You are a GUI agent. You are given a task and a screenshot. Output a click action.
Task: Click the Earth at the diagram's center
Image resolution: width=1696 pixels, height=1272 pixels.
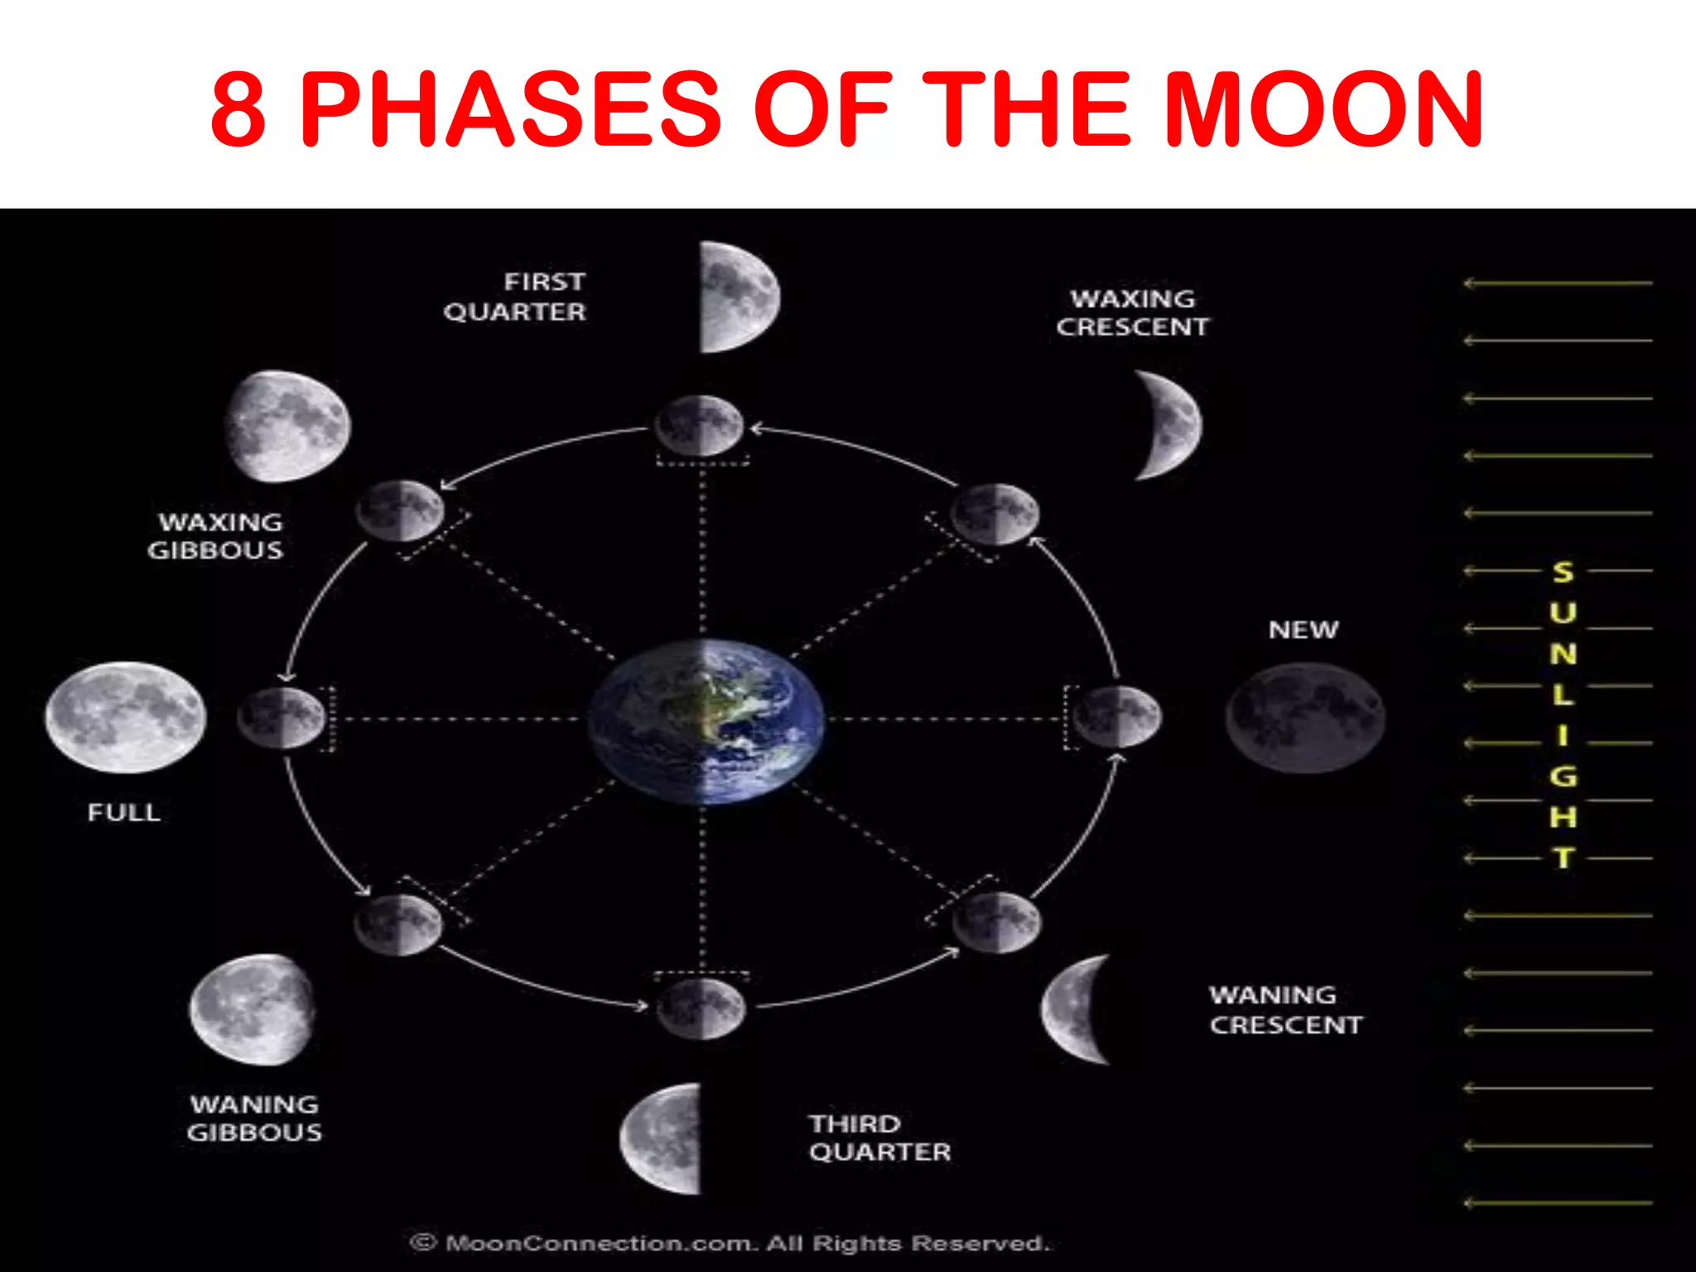click(706, 720)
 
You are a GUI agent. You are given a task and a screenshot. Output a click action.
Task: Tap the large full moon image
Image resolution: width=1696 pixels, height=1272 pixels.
click(125, 717)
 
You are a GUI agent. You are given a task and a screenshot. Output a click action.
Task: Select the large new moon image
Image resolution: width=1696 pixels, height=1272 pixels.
click(1304, 717)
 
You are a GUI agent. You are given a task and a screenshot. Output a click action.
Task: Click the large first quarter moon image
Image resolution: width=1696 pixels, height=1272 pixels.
click(737, 297)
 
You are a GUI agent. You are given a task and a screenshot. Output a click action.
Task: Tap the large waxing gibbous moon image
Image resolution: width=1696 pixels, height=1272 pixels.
click(287, 426)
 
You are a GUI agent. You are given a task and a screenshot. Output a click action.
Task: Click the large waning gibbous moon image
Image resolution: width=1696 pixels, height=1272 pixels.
click(253, 1009)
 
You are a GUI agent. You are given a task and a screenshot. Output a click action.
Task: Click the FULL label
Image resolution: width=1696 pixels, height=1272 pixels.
click(124, 812)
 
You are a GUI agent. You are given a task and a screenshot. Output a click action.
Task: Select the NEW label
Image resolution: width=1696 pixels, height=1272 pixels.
click(1303, 630)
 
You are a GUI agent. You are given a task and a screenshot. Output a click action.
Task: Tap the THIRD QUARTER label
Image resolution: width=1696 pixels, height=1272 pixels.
click(879, 1138)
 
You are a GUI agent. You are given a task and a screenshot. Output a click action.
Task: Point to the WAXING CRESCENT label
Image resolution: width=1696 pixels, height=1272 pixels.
click(1132, 313)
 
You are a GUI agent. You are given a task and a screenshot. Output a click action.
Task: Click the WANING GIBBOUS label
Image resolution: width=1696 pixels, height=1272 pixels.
click(254, 1118)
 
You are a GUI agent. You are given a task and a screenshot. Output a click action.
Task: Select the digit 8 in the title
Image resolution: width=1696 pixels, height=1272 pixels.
click(238, 109)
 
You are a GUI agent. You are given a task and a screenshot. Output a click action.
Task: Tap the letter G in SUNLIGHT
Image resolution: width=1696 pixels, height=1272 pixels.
click(1563, 777)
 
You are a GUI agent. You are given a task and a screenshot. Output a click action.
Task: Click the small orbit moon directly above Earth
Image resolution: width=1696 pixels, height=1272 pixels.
click(700, 426)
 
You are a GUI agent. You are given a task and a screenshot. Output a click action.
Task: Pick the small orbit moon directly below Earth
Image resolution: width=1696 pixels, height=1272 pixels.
click(701, 1008)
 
